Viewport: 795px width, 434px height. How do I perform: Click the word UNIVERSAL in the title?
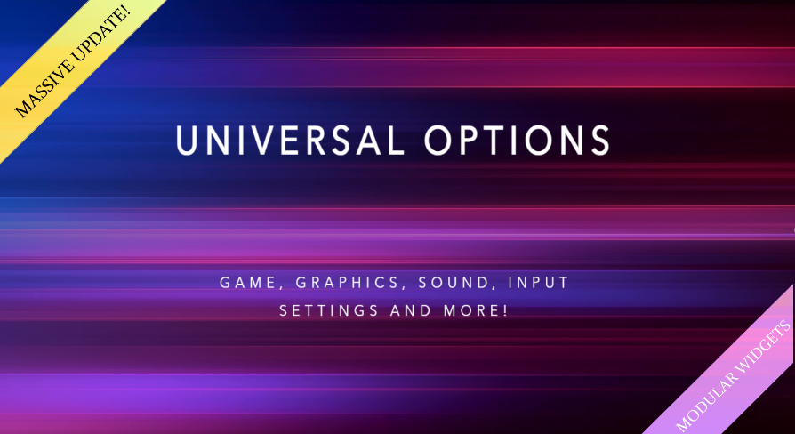click(x=291, y=140)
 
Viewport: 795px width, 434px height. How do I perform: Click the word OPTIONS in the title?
click(x=518, y=140)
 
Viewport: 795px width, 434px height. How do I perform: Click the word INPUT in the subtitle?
click(x=539, y=283)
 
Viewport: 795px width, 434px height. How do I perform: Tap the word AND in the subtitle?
click(x=411, y=310)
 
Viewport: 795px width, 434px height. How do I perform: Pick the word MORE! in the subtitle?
click(x=476, y=310)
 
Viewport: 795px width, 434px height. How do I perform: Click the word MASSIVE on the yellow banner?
click(x=46, y=85)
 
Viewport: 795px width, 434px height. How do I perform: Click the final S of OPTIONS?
click(x=601, y=140)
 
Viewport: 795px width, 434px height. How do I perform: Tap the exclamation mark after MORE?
click(x=505, y=310)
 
